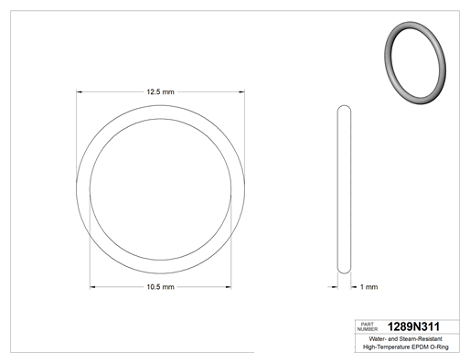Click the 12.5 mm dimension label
point(160,91)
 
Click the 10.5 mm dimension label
point(160,287)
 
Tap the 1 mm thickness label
point(369,287)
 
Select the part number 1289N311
point(413,326)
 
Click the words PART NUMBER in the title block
point(368,326)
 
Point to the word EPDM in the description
point(420,347)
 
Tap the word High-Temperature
point(387,347)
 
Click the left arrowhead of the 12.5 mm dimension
point(80,91)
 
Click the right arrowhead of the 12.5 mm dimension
point(241,91)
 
